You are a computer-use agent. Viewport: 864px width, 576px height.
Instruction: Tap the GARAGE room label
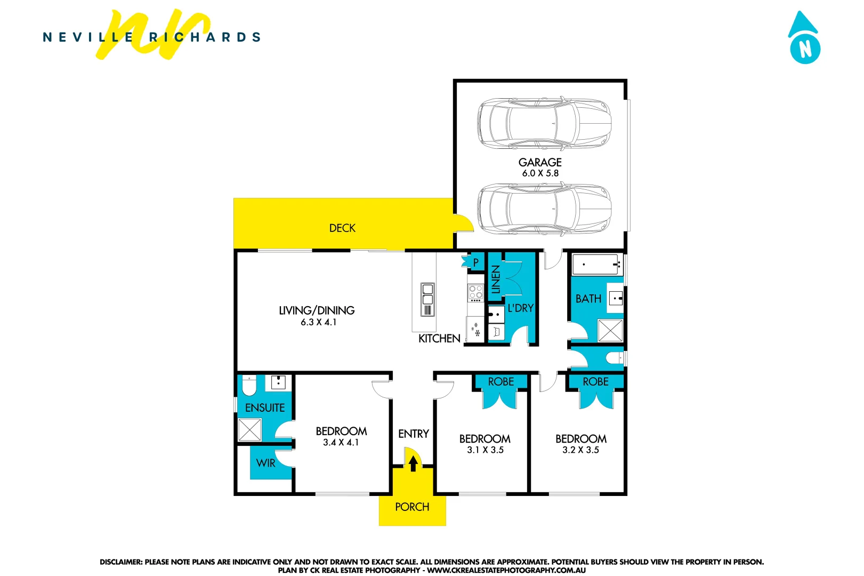[x=540, y=162]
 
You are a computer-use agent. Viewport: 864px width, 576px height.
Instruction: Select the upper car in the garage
[x=544, y=123]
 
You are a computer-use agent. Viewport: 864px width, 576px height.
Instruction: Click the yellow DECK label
[x=342, y=228]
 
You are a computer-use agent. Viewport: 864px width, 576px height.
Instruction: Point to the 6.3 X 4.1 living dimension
[x=318, y=322]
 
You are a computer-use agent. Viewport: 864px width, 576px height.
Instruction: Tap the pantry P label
[x=476, y=262]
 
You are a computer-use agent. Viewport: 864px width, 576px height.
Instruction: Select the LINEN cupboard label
[x=496, y=279]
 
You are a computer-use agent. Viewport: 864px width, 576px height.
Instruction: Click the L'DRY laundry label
[x=520, y=308]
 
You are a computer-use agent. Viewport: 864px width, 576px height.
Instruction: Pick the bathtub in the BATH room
[x=596, y=264]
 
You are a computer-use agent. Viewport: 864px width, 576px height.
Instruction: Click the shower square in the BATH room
[x=610, y=331]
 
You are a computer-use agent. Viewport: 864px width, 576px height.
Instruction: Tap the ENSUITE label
[x=265, y=408]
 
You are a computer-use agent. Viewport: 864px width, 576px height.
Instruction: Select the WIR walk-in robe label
[x=265, y=463]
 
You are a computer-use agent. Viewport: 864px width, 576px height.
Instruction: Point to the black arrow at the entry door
[x=413, y=463]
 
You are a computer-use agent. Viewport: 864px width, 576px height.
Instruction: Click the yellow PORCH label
[x=412, y=507]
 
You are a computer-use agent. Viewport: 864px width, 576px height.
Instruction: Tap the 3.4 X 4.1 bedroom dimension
[x=341, y=443]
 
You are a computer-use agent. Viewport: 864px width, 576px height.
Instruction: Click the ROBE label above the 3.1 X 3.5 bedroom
[x=501, y=382]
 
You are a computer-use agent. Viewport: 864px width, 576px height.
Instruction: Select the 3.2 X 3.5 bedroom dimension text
[x=580, y=450]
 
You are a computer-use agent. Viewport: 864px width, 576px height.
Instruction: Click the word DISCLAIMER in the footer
[x=121, y=562]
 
